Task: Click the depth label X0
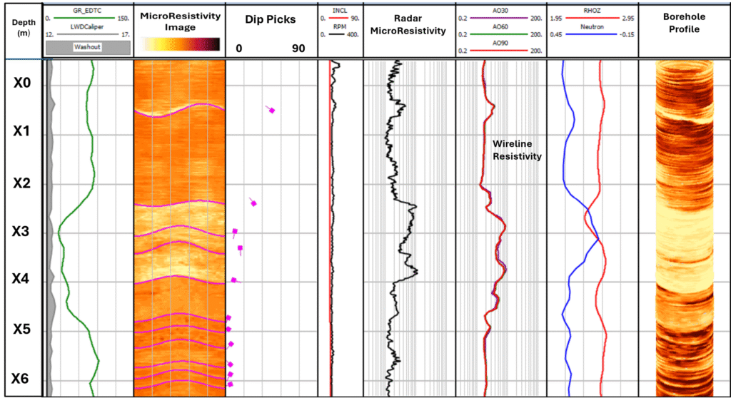[x=22, y=83]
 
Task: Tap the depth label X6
[x=22, y=379]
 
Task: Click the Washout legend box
[x=88, y=47]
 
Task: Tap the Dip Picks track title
[x=270, y=20]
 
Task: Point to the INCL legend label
[x=340, y=11]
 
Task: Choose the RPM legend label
[x=340, y=26]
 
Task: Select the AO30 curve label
[x=500, y=10]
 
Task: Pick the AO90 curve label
[x=500, y=43]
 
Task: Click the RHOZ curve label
[x=590, y=11]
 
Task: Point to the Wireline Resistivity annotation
[x=517, y=149]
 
